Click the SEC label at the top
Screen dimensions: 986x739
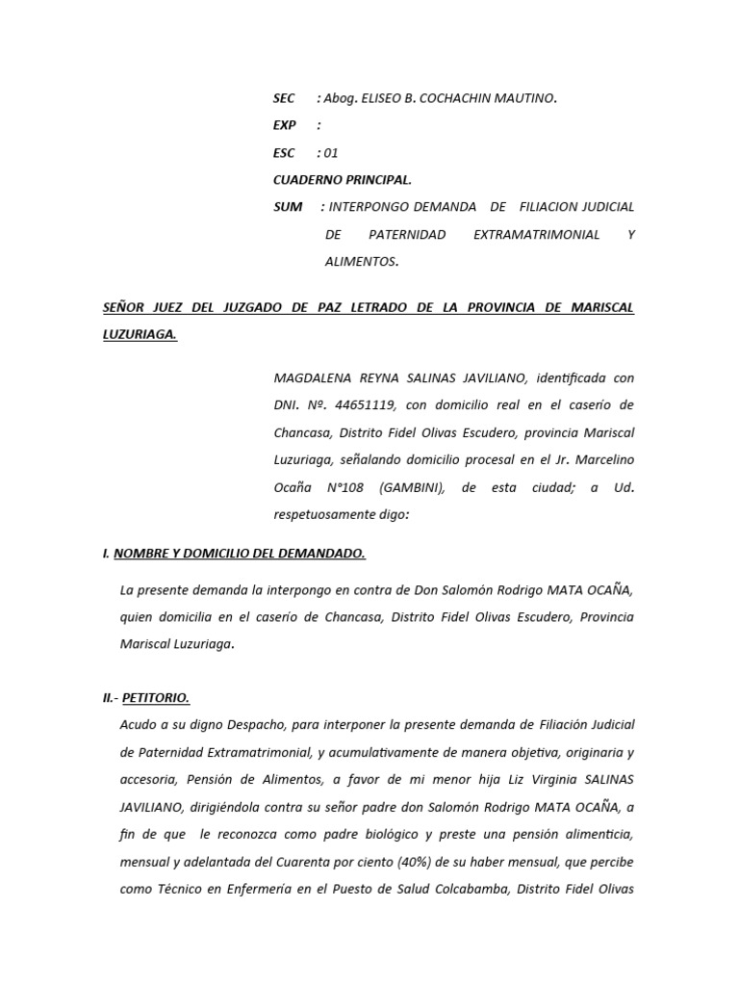[284, 98]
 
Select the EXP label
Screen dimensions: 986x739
[285, 125]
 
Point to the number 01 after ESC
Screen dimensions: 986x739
[331, 152]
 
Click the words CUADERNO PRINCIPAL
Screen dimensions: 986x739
[343, 179]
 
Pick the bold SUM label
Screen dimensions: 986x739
[288, 206]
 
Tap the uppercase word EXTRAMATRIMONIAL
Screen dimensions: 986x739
[537, 234]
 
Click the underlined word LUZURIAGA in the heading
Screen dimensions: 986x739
[140, 335]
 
